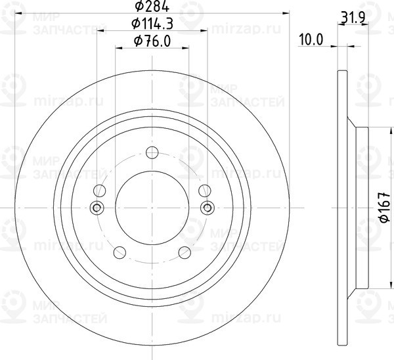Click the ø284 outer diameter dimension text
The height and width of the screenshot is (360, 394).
(152, 7)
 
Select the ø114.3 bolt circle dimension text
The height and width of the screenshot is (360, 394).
(152, 25)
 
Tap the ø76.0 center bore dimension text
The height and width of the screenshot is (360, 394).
(152, 41)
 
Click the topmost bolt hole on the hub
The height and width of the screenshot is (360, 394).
(152, 154)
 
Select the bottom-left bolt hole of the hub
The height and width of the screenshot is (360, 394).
(120, 253)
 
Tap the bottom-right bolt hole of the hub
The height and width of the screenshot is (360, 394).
(185, 253)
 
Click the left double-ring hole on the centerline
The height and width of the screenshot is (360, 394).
(98, 208)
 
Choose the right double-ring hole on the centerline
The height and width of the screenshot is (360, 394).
(207, 208)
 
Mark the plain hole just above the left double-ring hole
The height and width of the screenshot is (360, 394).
(100, 192)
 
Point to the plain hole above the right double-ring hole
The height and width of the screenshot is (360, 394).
(205, 192)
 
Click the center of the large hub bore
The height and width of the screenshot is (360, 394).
(152, 208)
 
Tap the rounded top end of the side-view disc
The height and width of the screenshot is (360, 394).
(341, 71)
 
